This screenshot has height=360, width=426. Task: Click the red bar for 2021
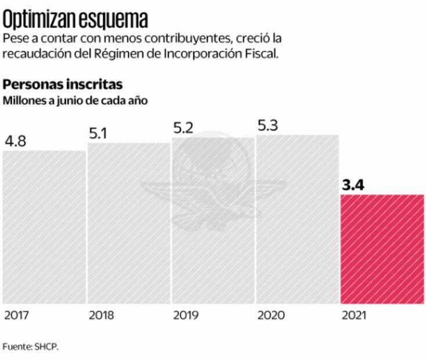pos(382,249)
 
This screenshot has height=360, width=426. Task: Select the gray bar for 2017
pos(44,226)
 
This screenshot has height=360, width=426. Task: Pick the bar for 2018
pos(128,223)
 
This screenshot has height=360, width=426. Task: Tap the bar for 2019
pos(212,221)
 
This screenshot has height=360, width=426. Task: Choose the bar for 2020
pos(297,219)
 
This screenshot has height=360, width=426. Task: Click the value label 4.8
pos(16,142)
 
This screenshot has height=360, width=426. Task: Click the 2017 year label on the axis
pos(17,316)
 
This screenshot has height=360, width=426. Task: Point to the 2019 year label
pos(186,316)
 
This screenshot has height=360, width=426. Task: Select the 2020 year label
pos(270,316)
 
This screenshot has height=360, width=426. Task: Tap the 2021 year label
pos(353,316)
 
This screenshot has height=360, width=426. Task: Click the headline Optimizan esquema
pos(75,20)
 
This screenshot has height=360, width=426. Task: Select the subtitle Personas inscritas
pos(62,84)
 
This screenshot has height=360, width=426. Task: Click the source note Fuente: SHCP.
pos(30,347)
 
